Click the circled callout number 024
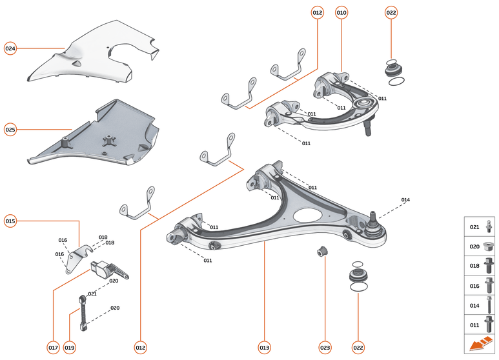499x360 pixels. click(10, 48)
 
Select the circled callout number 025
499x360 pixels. click(10, 129)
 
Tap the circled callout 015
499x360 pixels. click(10, 221)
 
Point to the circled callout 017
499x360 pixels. click(53, 348)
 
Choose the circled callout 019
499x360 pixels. click(70, 348)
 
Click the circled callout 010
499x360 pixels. click(341, 12)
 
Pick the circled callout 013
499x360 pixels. click(264, 348)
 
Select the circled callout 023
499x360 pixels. click(325, 348)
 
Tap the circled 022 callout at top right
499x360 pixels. click(391, 12)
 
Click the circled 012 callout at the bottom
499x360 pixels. click(140, 348)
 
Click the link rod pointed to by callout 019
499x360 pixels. click(83, 310)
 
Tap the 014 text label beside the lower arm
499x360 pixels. click(405, 200)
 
